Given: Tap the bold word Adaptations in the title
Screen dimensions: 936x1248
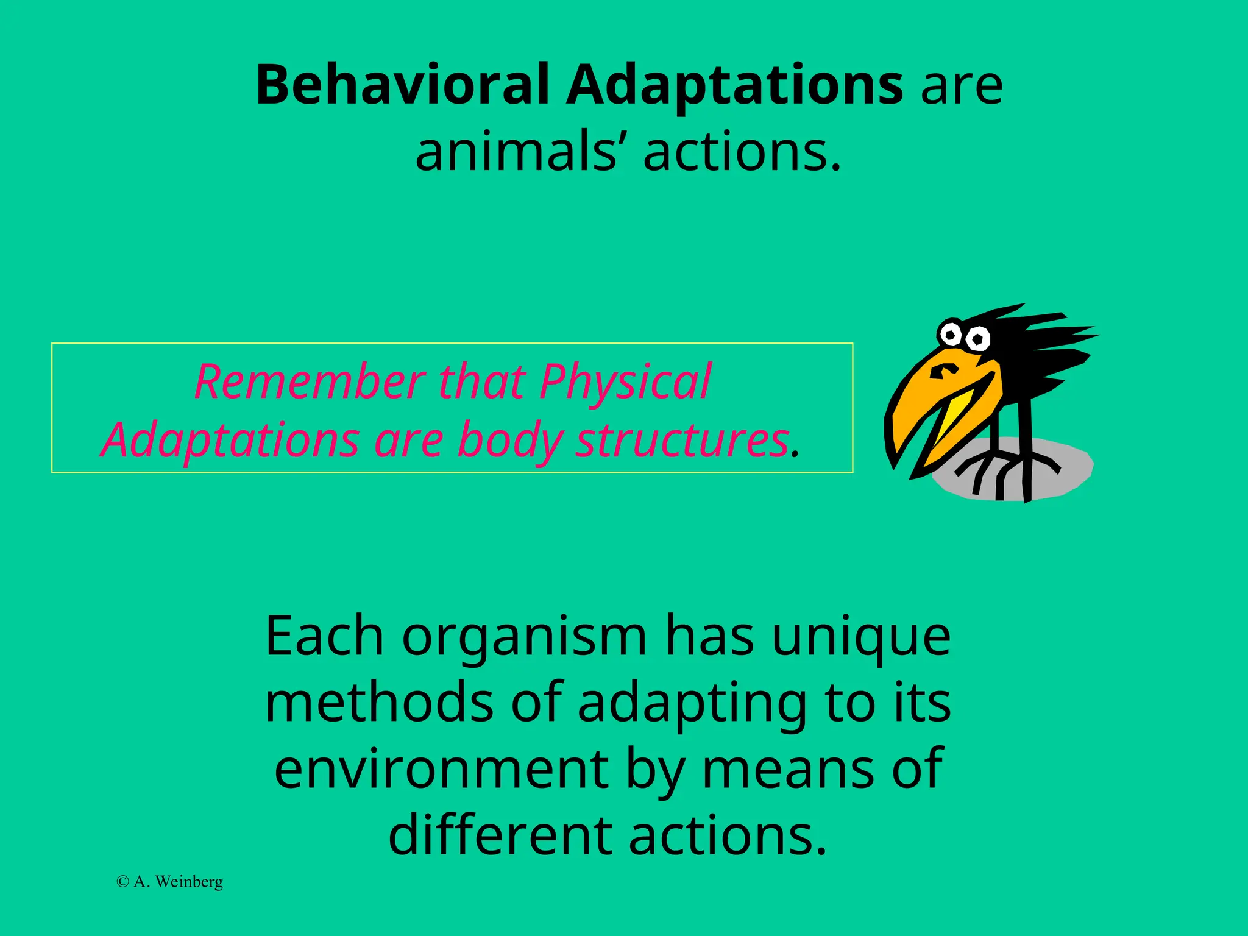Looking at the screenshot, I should (x=734, y=85).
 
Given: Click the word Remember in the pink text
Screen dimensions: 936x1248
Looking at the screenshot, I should (x=310, y=381).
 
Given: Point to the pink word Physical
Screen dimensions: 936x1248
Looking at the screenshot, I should (x=625, y=381).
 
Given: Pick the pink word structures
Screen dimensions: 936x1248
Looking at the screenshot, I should (x=682, y=440).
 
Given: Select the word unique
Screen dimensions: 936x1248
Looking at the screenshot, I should (x=860, y=637).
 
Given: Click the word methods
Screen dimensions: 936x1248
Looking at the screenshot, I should (x=379, y=703).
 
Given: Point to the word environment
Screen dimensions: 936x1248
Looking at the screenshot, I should (x=441, y=769).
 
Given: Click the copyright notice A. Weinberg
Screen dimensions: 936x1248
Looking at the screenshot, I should (x=170, y=882).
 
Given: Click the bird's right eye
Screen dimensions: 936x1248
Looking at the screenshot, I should (x=978, y=339).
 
